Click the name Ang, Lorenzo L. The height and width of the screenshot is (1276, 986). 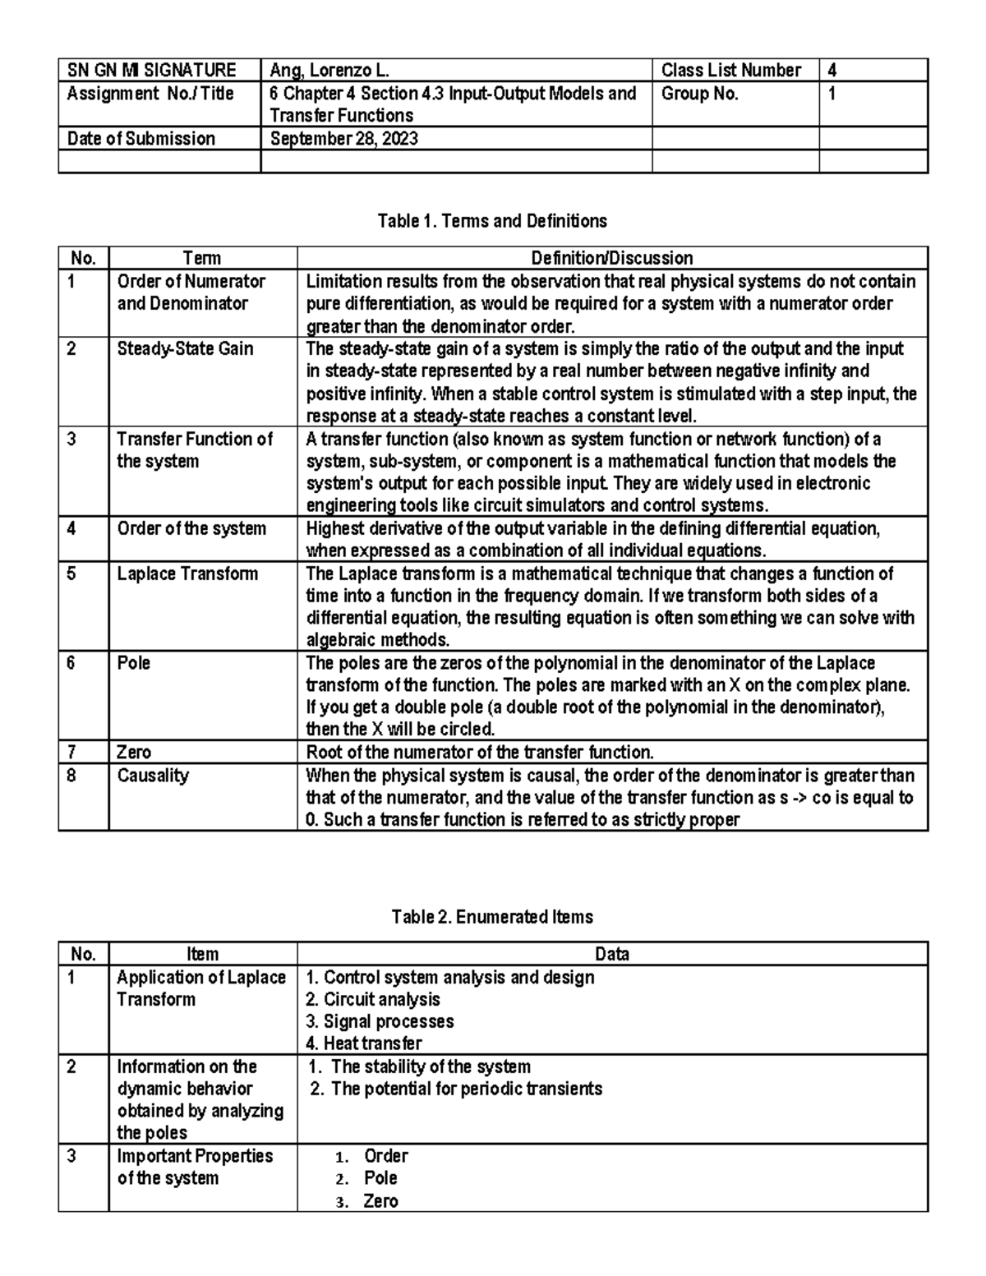(x=329, y=71)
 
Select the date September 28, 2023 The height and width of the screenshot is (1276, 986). (x=343, y=138)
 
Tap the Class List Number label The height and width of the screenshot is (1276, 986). (x=730, y=71)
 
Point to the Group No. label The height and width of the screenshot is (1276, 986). (x=699, y=94)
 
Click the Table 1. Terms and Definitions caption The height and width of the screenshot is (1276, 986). (x=492, y=221)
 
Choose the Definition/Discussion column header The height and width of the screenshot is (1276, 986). (x=612, y=258)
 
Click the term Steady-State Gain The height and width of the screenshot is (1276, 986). (x=185, y=348)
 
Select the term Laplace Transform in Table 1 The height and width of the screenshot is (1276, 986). (x=187, y=574)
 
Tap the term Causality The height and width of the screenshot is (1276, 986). (x=153, y=775)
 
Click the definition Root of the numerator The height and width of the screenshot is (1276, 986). (x=480, y=752)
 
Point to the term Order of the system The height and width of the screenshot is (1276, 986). (x=191, y=528)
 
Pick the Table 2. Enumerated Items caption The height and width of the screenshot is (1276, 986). (x=492, y=917)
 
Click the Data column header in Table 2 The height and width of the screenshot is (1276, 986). (x=612, y=954)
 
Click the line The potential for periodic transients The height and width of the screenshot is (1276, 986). (x=456, y=1089)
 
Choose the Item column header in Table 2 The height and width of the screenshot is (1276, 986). (x=202, y=954)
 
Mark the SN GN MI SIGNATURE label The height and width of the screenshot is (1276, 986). (x=151, y=71)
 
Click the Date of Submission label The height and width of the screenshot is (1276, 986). (x=141, y=138)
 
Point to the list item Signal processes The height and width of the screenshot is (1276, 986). (x=380, y=1021)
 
